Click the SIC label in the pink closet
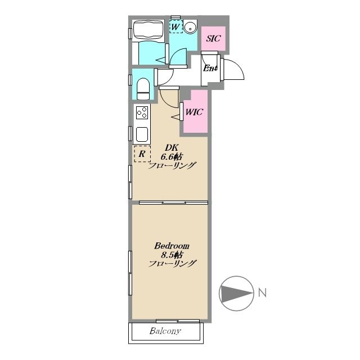(x=213, y=38)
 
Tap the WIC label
(x=194, y=112)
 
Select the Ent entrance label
(x=210, y=68)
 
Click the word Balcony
(x=165, y=331)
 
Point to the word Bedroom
(x=172, y=246)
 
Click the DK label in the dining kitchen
(x=172, y=148)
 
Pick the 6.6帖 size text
(x=172, y=157)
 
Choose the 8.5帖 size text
(x=172, y=255)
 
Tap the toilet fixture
(x=143, y=89)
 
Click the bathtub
(x=148, y=31)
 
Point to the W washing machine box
(x=176, y=26)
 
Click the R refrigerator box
(x=142, y=154)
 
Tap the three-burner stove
(x=142, y=112)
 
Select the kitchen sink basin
(x=142, y=134)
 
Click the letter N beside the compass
(x=263, y=292)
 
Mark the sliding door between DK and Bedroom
(x=174, y=202)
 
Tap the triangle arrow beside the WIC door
(x=176, y=117)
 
